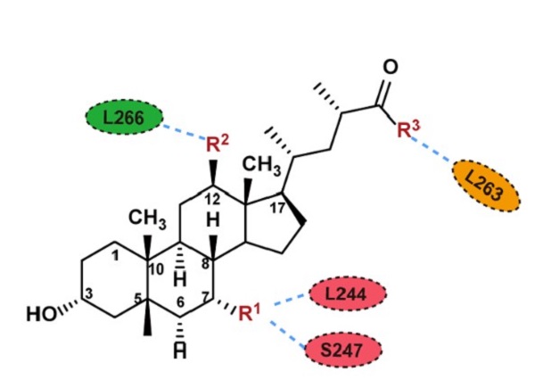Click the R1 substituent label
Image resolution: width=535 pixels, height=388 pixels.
pos(248,311)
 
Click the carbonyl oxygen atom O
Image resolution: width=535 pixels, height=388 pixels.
pos(390,68)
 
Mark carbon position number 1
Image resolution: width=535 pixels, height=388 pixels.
pos(118,257)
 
